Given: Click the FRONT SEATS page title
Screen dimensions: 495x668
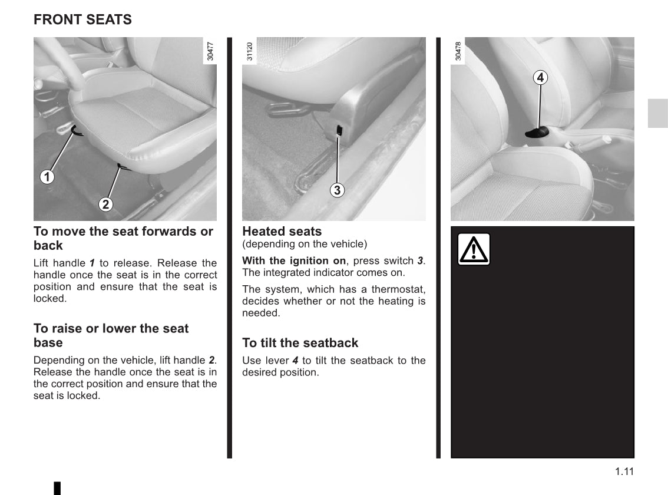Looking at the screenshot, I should (82, 19).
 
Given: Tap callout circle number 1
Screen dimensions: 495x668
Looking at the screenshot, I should (47, 176).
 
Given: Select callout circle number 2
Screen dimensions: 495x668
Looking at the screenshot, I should (105, 204).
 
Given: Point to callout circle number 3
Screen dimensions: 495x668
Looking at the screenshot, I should (336, 190).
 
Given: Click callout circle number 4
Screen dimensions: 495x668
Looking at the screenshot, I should (541, 77).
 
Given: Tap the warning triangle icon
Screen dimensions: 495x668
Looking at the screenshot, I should (474, 249).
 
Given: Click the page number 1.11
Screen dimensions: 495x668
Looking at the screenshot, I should (624, 471).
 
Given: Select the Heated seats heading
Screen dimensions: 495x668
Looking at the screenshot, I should (282, 232).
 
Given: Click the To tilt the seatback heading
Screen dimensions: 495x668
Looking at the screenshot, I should (300, 342).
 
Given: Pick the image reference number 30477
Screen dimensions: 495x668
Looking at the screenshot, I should (211, 51).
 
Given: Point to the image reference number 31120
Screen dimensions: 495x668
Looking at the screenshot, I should (249, 51).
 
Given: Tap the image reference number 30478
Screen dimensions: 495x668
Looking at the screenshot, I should (458, 51).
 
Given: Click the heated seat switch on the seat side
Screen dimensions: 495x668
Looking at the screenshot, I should (339, 130).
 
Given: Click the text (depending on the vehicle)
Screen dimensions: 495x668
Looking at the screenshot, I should (304, 244).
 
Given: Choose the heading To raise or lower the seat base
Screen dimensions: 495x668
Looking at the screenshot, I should (111, 335).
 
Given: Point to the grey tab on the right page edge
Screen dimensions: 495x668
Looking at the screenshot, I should (657, 113).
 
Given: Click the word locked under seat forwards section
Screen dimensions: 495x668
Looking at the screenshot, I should (50, 299).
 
